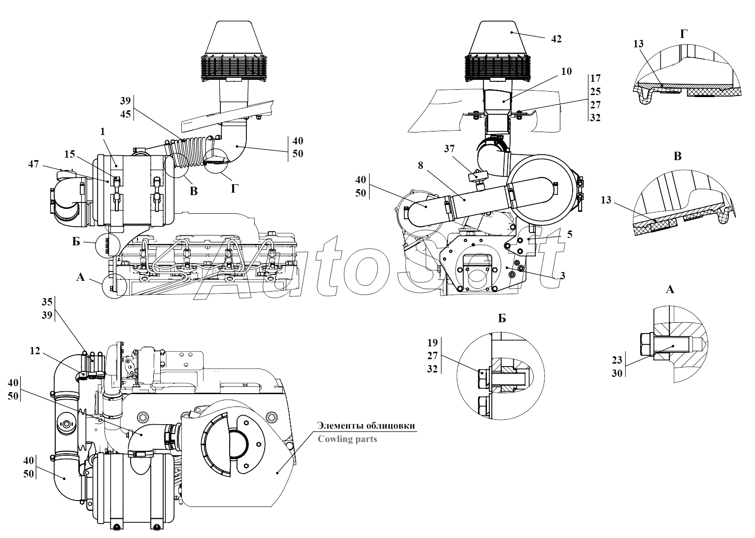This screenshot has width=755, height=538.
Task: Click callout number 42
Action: point(556,39)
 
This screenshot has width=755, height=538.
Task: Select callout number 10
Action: point(566,71)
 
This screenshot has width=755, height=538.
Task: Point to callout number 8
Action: point(420,166)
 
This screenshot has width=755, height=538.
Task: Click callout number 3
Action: point(562,276)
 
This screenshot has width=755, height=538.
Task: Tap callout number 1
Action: point(102,132)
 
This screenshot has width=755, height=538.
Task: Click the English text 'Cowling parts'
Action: point(347,438)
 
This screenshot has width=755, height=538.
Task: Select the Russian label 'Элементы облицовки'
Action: point(366,425)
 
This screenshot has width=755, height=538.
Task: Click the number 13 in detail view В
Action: point(606,200)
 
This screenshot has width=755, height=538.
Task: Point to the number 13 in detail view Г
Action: point(638,44)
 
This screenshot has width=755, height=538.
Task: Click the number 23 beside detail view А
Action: point(617,360)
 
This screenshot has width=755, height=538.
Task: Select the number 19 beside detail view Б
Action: point(432,342)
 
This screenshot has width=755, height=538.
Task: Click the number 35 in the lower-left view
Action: point(47,302)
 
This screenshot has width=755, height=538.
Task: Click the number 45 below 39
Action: point(125,114)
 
